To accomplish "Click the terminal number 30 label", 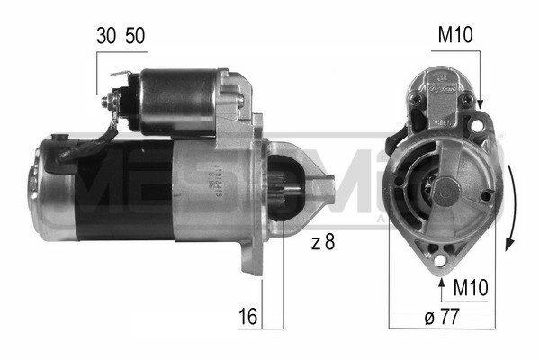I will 105,36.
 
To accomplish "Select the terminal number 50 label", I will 134,36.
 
